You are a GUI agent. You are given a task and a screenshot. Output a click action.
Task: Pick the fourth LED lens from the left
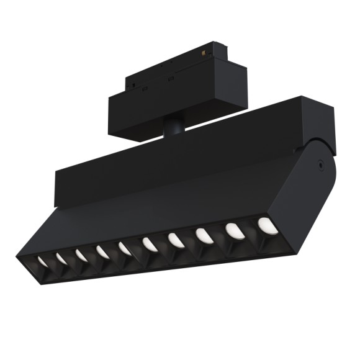102,251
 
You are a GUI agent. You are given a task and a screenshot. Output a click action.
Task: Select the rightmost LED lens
268,225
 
